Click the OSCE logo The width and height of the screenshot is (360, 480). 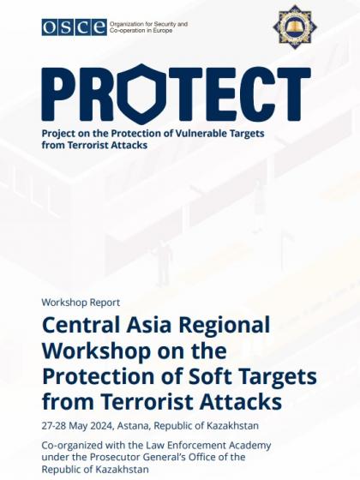click(75, 27)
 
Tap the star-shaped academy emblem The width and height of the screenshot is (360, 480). click(295, 27)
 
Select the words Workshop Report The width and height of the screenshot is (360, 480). click(81, 303)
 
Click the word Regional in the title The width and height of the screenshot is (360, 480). click(225, 325)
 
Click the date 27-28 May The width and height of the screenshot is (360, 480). click(63, 426)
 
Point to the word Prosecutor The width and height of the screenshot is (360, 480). click(111, 458)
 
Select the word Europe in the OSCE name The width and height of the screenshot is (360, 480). click(164, 31)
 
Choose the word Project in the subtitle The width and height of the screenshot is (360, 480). click(57, 134)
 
